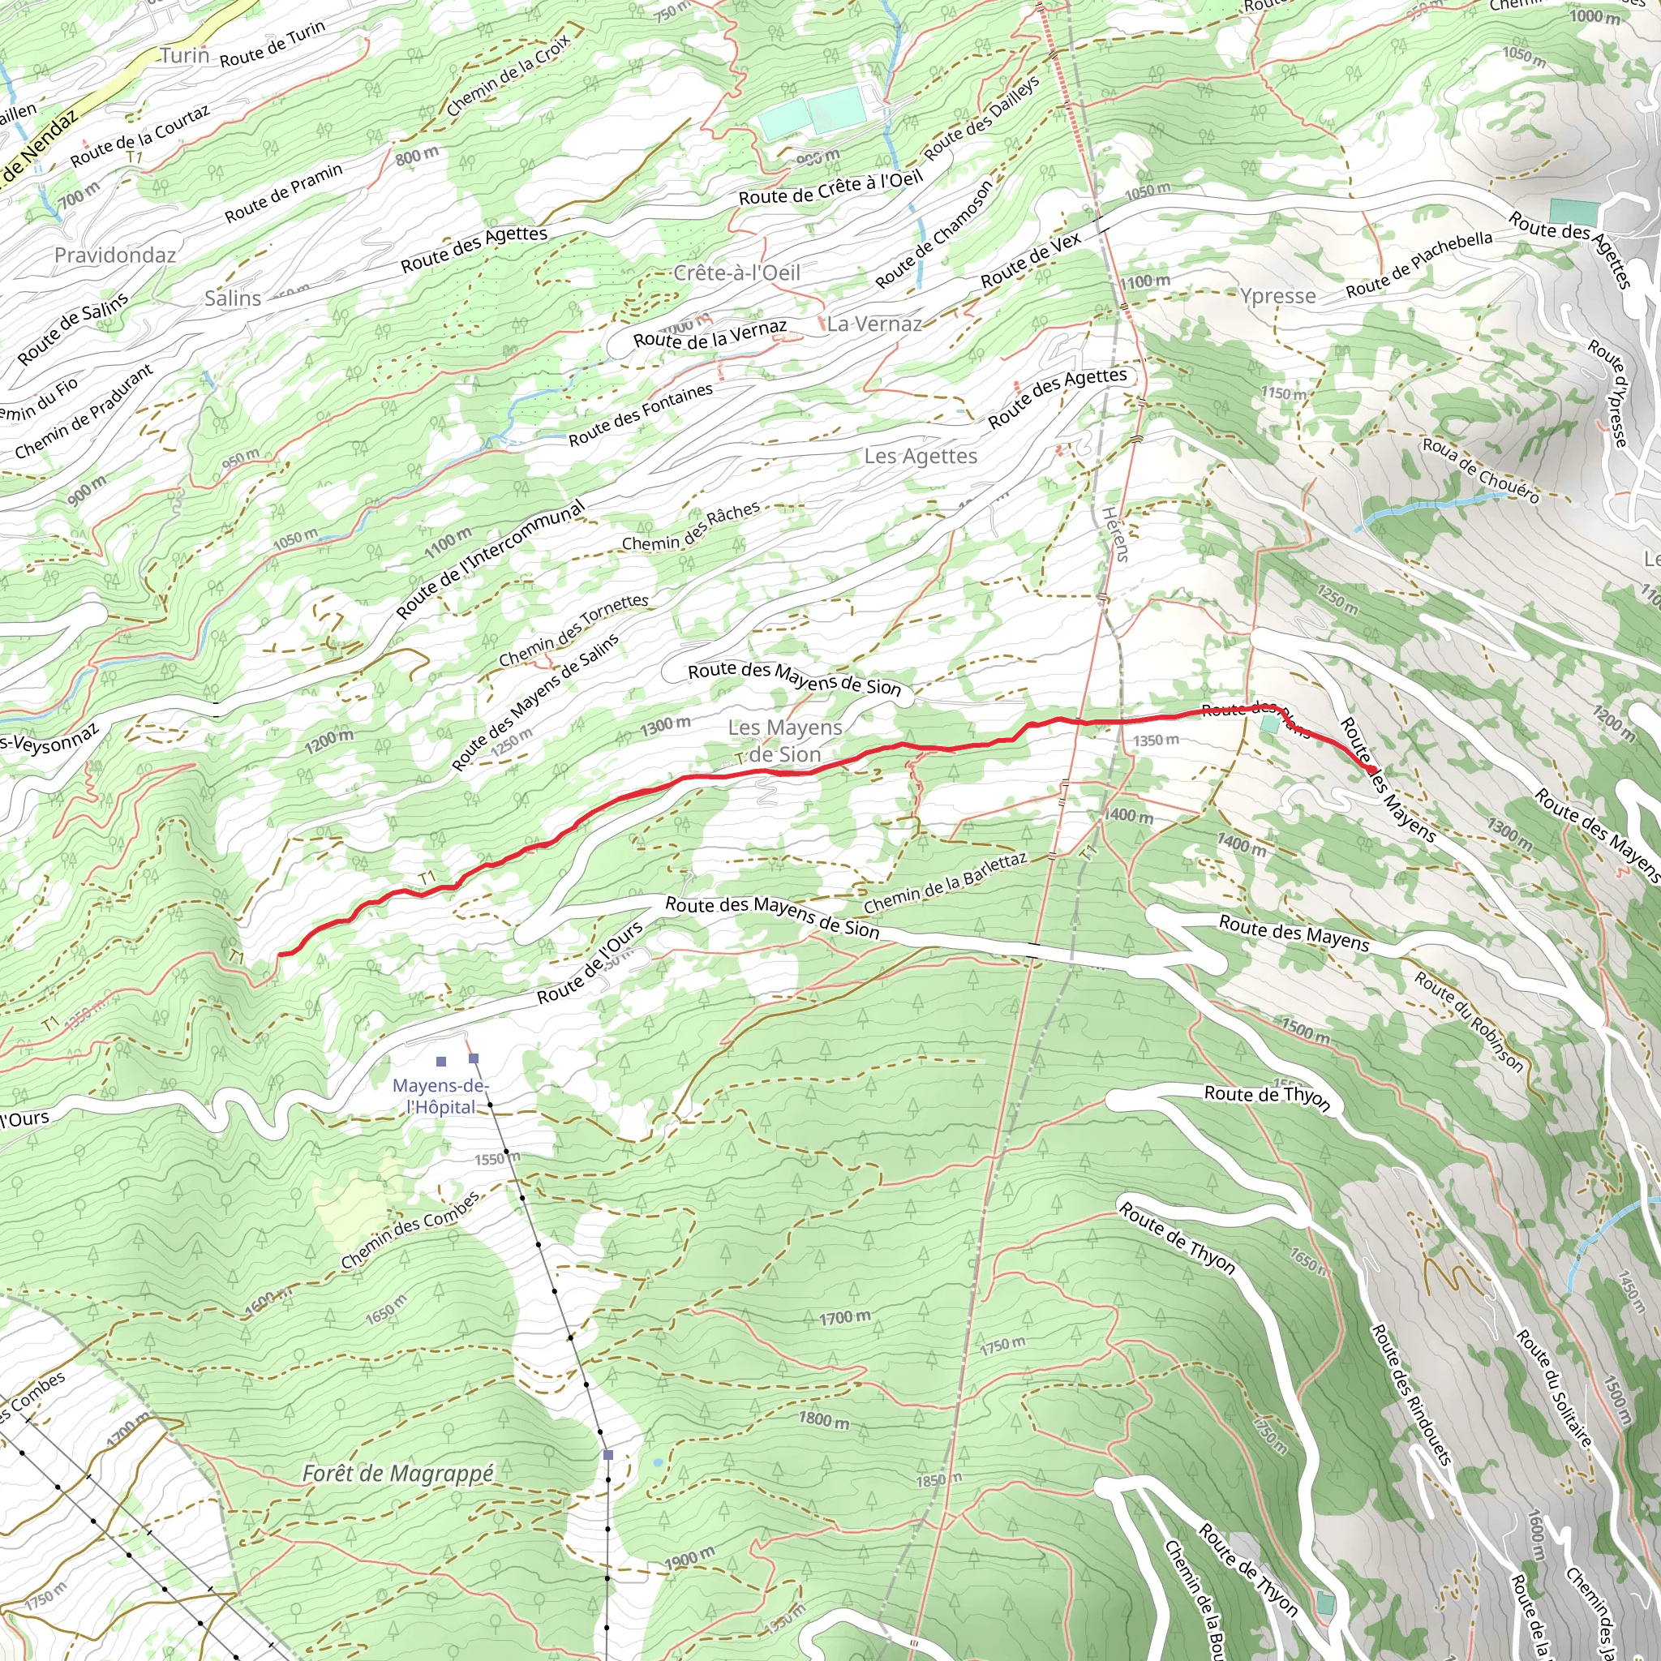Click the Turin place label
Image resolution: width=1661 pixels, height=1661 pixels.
pos(185,56)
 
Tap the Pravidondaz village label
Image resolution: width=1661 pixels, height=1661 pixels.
pos(115,255)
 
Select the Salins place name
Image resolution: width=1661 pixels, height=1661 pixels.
pos(232,298)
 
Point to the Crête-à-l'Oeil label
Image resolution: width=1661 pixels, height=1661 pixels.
pos(736,273)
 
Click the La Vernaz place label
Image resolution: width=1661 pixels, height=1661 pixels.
pos(874,324)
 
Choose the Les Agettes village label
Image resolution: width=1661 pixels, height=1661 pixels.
pos(921,456)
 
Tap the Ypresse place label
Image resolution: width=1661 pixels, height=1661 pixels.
pos(1277,297)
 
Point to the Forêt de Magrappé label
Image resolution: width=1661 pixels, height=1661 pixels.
pos(398,1474)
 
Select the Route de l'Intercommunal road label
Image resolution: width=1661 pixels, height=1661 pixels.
pos(490,560)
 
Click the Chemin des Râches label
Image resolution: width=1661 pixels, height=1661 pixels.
pos(691,527)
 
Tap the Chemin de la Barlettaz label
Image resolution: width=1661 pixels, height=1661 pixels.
pos(946,883)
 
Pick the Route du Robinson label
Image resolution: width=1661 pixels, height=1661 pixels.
pos(1470,1021)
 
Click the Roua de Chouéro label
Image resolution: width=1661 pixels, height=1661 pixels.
pos(1480,470)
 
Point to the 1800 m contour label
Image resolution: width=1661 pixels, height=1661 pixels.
pos(824,1419)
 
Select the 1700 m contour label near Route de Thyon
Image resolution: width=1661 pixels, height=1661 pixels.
pos(844,1317)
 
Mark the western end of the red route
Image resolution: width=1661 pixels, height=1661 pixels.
pos(281,955)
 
